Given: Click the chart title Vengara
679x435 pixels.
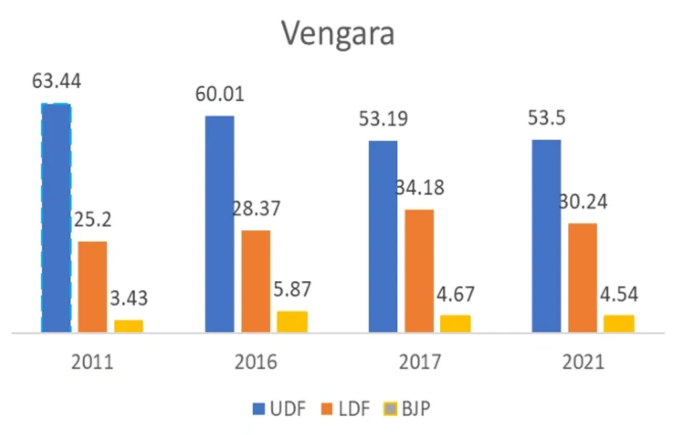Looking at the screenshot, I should click(x=338, y=33).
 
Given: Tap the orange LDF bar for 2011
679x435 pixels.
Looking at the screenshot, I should click(x=92, y=286).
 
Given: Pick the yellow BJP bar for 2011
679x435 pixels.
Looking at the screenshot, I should click(x=128, y=326).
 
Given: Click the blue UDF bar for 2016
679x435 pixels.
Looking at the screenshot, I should click(x=219, y=223).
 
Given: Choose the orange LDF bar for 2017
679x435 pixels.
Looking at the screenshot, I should click(x=419, y=271).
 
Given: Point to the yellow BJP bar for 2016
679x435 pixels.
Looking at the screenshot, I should click(x=292, y=321).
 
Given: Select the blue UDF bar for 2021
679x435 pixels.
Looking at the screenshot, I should click(x=546, y=235).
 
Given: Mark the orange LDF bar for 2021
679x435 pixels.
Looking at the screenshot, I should click(x=582, y=277).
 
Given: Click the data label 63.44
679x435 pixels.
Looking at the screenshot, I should click(x=56, y=82).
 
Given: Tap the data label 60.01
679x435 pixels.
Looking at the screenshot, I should click(x=219, y=93).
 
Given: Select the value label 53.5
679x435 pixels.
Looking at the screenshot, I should click(x=546, y=119).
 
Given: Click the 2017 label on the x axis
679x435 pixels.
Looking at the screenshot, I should click(x=419, y=362).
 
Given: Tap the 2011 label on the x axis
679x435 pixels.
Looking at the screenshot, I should click(x=92, y=362).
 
